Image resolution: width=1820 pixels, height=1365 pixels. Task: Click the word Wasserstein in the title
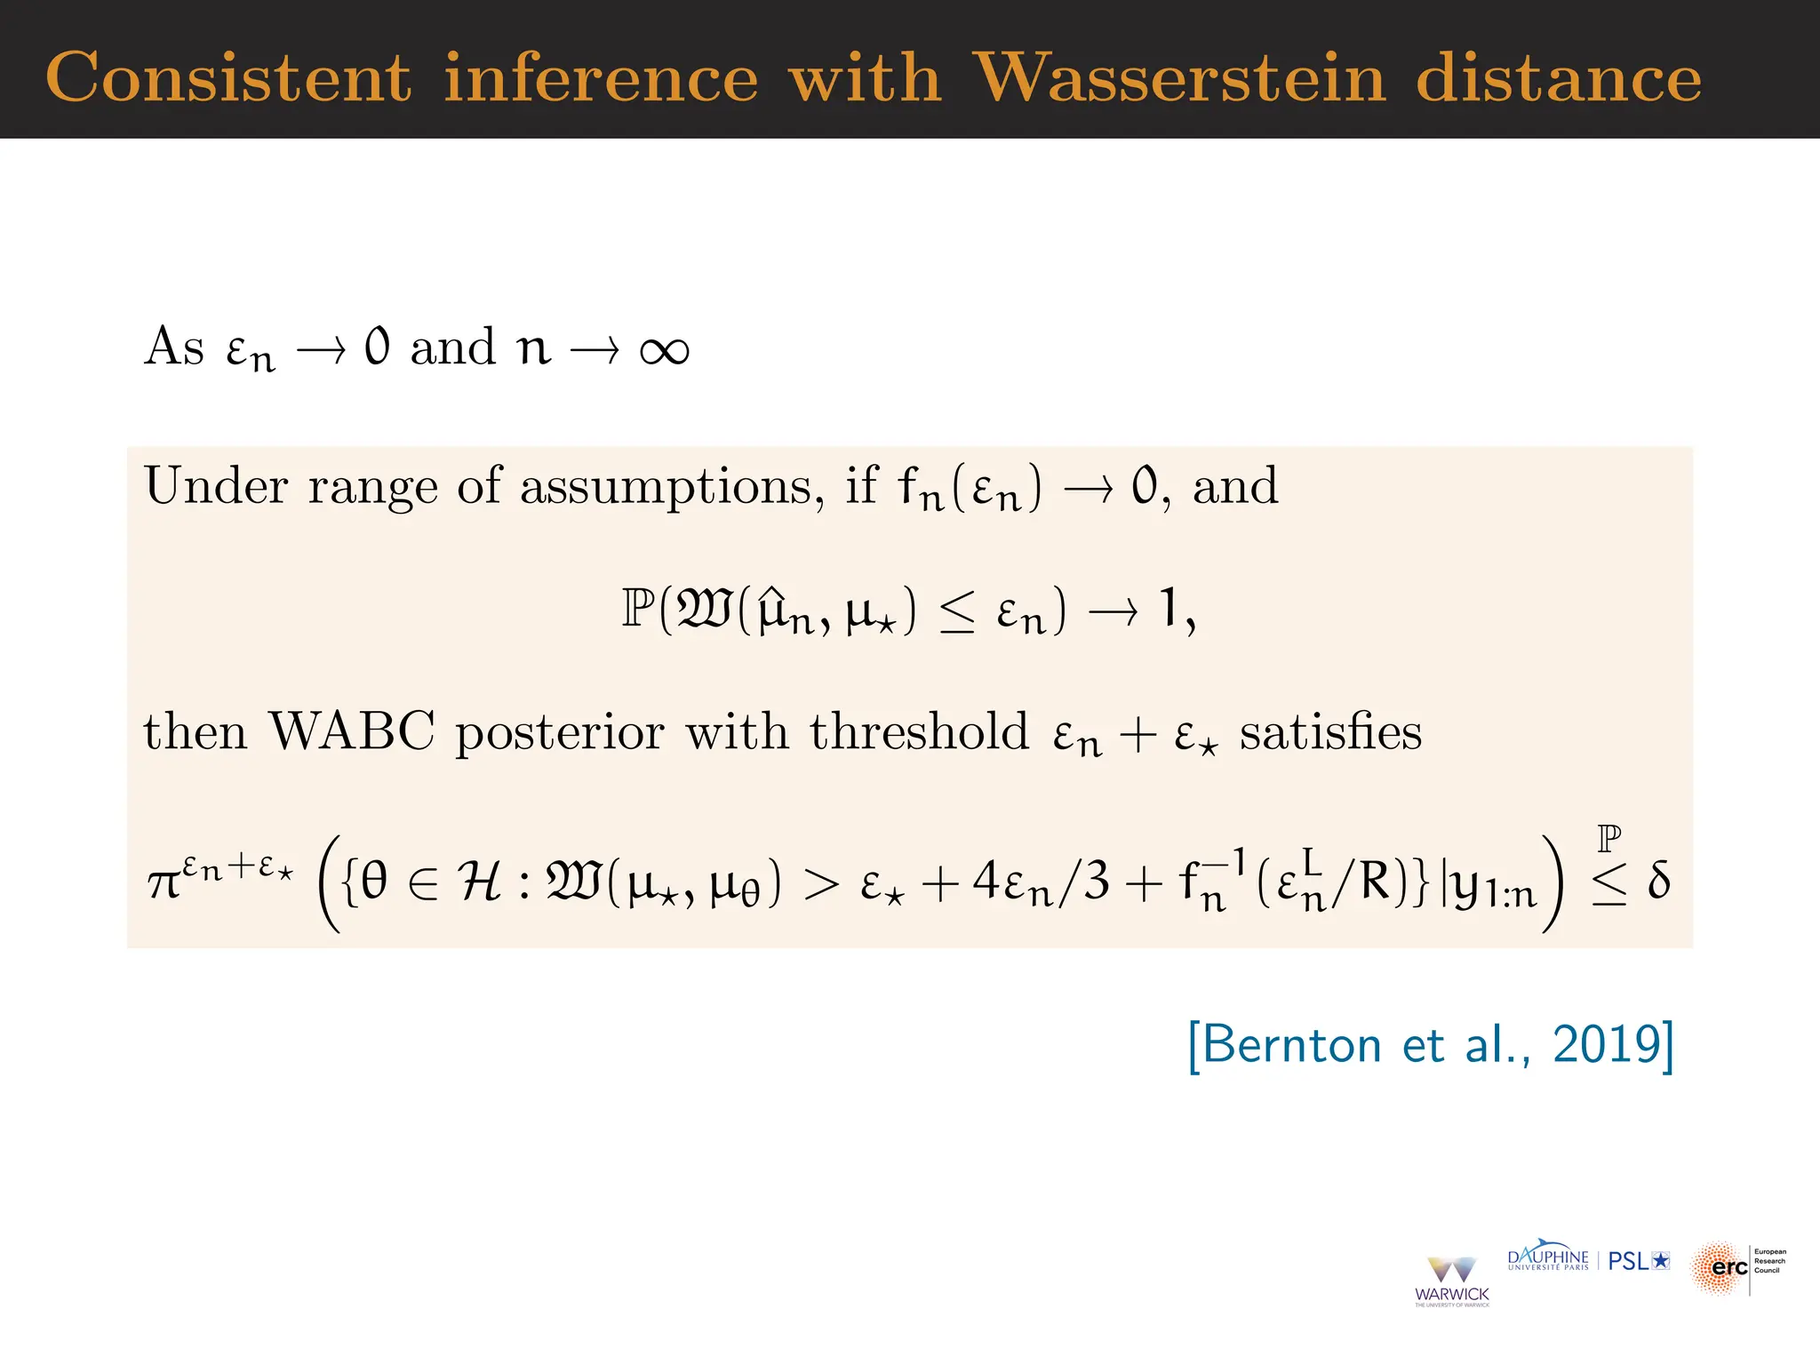[1179, 78]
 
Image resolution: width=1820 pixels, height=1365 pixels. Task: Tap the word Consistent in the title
[228, 78]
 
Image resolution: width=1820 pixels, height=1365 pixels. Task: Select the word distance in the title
[1559, 78]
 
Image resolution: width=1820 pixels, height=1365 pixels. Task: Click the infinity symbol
[664, 349]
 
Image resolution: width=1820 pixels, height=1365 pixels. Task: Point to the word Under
[217, 486]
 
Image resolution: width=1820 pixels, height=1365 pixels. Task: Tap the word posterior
[559, 733]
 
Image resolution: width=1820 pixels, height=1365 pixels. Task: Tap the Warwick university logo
[1451, 1281]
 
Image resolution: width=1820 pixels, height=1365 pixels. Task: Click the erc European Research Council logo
[1737, 1267]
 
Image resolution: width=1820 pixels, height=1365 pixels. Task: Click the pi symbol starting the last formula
[164, 883]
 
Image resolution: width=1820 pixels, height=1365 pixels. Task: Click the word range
[373, 488]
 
